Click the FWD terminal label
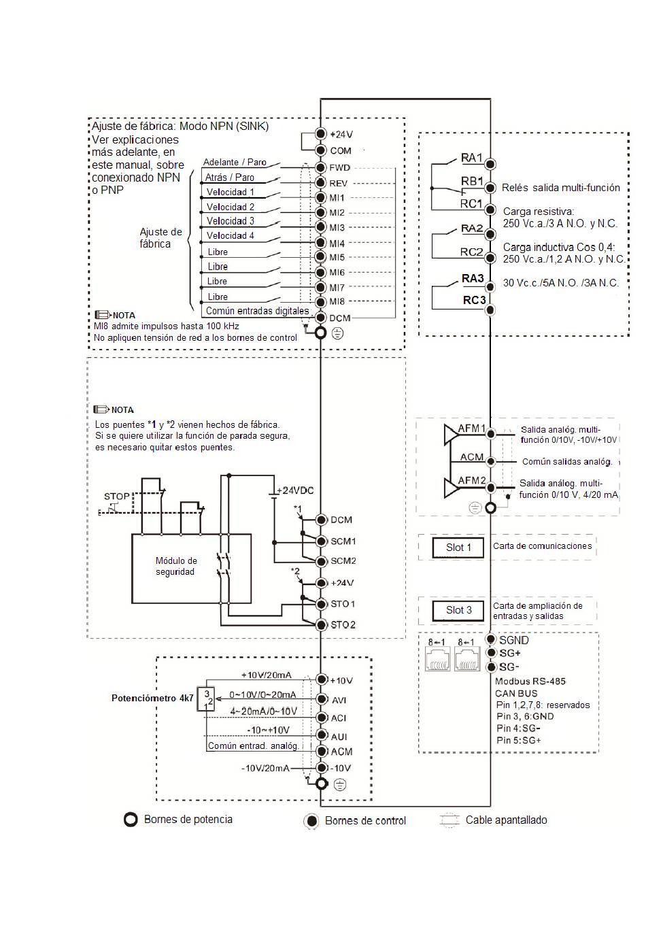tap(339, 167)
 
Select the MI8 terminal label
tap(337, 301)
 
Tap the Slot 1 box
tap(458, 548)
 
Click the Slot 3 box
tap(458, 610)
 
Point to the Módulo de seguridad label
tap(175, 566)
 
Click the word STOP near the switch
tap(117, 497)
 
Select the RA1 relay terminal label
tap(471, 158)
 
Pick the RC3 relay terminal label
tap(474, 300)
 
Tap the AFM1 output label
tap(471, 429)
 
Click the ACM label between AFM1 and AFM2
tap(471, 457)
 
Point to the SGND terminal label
tap(513, 640)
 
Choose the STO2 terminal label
tap(343, 624)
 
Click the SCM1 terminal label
tap(343, 541)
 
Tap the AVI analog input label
tap(339, 699)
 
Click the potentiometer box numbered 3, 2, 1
tap(205, 699)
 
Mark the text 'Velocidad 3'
tap(231, 221)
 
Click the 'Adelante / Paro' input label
tap(235, 163)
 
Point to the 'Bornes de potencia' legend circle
tap(131, 820)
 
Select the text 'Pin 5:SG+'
tap(518, 740)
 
